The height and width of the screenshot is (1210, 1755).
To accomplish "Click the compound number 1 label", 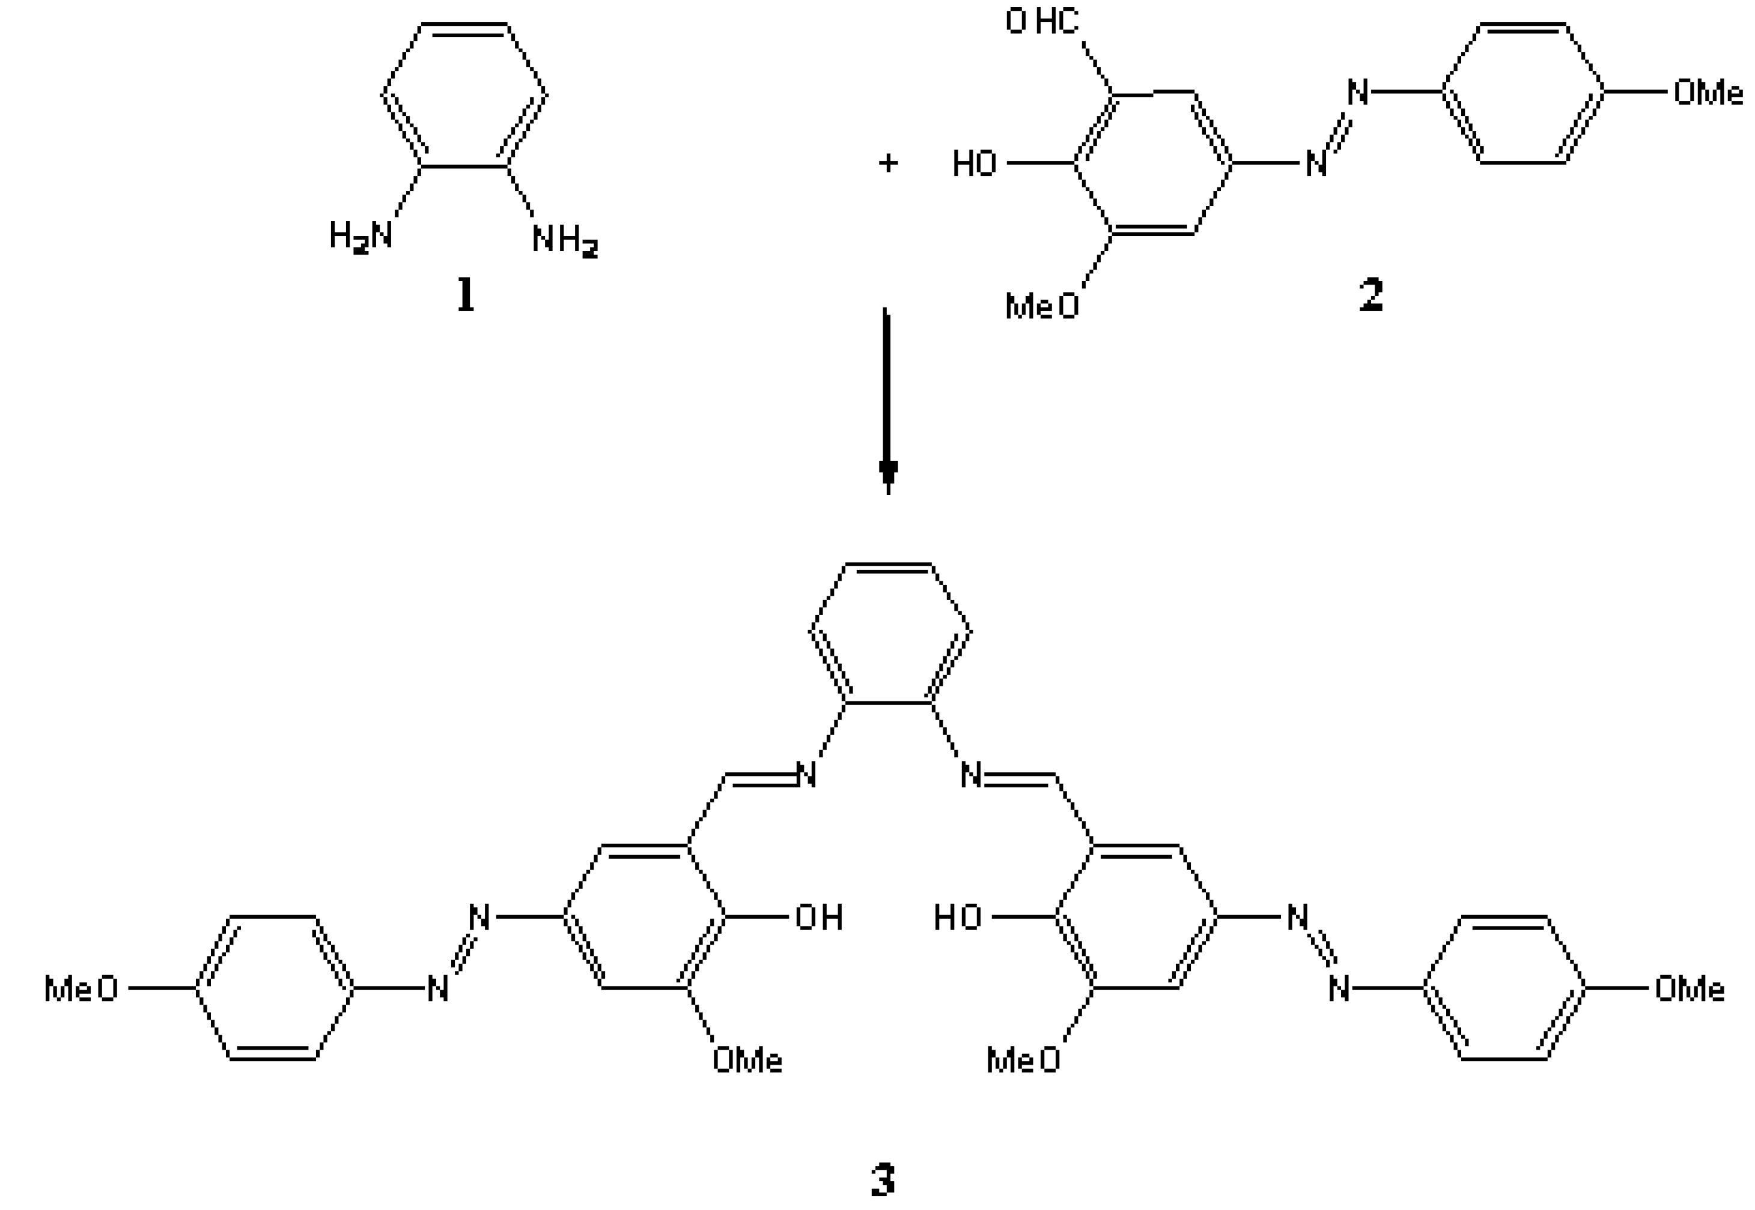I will (466, 295).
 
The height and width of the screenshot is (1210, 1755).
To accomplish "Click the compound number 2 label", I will (1370, 295).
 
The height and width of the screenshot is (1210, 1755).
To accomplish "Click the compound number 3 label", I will (882, 1179).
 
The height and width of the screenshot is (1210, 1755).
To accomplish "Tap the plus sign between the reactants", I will (888, 163).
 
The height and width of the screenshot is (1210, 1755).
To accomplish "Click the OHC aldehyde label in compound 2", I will (1042, 21).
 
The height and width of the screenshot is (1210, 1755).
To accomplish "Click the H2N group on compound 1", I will (361, 236).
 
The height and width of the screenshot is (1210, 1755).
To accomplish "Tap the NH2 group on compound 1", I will (565, 240).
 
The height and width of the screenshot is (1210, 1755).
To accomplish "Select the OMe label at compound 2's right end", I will (1707, 92).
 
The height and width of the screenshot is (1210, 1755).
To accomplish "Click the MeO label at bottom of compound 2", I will (1041, 306).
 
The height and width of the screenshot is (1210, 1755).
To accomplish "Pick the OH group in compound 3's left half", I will (818, 918).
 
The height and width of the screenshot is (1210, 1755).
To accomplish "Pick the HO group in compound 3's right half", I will (957, 918).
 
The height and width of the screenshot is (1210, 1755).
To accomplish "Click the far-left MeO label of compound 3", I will (81, 988).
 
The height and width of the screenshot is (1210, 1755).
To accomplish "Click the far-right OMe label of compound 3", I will (1689, 988).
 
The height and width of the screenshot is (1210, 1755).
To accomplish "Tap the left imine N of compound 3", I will (806, 775).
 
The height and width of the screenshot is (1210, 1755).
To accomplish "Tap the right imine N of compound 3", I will (971, 775).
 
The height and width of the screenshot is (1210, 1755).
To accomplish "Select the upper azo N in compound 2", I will (1358, 92).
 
